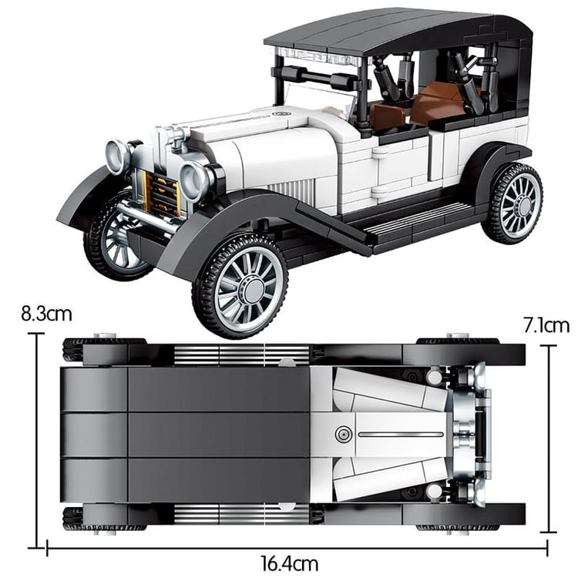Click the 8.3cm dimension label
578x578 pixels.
(x=46, y=314)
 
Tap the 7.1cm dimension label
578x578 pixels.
(x=546, y=325)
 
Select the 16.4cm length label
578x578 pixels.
(x=290, y=564)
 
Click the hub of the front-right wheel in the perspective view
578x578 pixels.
(x=253, y=289)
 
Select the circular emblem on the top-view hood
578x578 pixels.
(x=344, y=435)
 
